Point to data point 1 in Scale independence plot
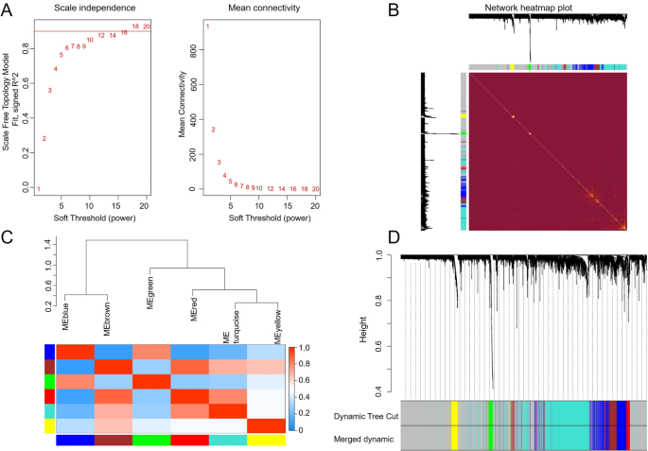point(39,188)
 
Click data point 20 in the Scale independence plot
point(146,26)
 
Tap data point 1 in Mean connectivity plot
point(207,26)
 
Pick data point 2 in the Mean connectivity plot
point(214,130)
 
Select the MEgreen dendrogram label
point(150,310)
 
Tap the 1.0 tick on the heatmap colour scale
point(304,348)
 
